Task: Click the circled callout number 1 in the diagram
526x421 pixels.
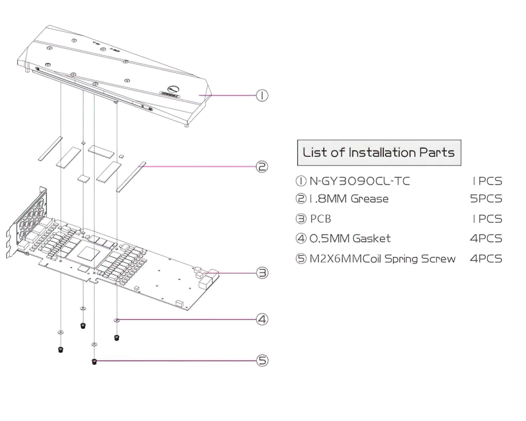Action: (262, 95)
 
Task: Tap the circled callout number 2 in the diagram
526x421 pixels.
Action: (262, 167)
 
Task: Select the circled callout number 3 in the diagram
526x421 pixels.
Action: (262, 273)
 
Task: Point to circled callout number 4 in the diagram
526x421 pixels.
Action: (262, 319)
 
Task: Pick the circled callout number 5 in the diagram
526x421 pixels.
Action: (262, 360)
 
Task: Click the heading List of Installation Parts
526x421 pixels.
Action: (379, 153)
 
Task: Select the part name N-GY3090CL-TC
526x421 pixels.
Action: (360, 181)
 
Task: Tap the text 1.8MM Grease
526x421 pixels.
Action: (349, 199)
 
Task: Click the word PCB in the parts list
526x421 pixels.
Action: (321, 219)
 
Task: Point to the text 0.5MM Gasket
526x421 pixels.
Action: (350, 238)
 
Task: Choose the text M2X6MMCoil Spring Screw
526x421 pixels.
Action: (382, 259)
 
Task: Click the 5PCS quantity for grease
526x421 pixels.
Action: (486, 199)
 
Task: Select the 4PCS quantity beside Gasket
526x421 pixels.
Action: (486, 238)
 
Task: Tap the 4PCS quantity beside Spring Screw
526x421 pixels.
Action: (486, 259)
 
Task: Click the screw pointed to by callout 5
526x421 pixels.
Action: (94, 361)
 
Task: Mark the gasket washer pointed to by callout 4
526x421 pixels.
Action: (116, 320)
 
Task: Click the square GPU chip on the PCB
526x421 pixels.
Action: (88, 254)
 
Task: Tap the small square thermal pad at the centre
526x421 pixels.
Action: (84, 178)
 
